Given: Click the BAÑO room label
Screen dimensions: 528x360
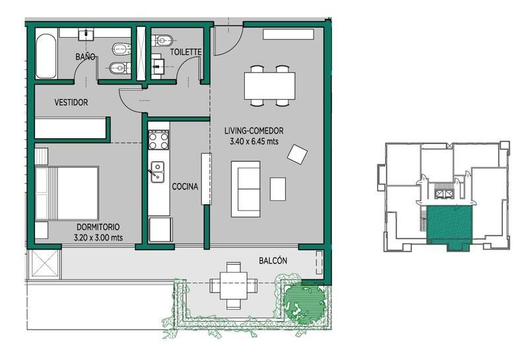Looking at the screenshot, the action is tap(85, 57).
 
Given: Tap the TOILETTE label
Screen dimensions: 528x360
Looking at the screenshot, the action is tap(185, 52).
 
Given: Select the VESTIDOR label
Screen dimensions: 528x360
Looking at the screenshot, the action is tap(71, 102).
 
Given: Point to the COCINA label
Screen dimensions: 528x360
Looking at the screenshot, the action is tap(185, 186).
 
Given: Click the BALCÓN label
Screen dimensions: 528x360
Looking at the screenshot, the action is tap(273, 260).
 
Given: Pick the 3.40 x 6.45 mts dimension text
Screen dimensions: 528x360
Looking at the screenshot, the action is tap(254, 141).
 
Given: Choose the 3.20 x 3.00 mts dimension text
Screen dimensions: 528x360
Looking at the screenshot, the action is tap(98, 238).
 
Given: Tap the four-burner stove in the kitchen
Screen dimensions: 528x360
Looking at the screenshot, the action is tap(158, 140).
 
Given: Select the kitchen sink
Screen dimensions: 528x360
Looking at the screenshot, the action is tap(157, 172).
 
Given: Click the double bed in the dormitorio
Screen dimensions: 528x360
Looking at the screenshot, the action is tap(67, 193).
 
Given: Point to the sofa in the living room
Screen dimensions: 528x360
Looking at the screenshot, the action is tap(246, 189).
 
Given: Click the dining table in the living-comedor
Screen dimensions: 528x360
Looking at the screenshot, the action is tap(270, 86).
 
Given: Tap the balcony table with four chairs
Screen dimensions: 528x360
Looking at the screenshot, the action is tap(234, 285).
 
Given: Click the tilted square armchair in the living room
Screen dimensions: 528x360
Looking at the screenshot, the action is tap(298, 154).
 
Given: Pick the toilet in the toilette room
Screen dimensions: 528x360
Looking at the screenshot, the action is tap(163, 40).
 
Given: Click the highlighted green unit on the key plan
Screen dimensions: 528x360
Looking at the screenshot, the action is tap(449, 224).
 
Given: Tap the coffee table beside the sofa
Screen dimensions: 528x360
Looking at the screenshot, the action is tap(278, 189).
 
